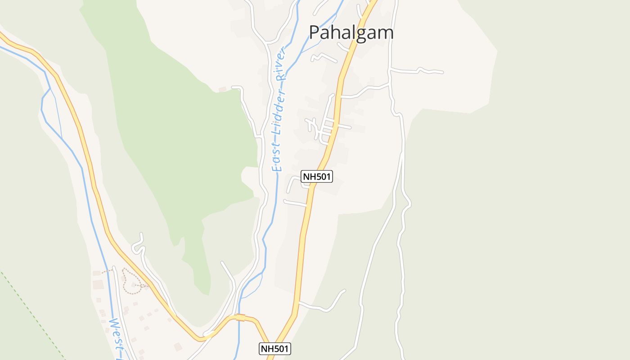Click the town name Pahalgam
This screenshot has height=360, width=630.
(x=351, y=33)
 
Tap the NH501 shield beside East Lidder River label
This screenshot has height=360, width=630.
(x=317, y=176)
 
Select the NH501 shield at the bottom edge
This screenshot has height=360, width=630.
(x=275, y=348)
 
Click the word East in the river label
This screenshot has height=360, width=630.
(x=277, y=157)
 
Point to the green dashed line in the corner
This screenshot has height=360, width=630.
(x=31, y=315)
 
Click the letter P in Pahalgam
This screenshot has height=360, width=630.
(x=315, y=33)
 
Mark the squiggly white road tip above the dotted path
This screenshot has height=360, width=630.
(x=141, y=235)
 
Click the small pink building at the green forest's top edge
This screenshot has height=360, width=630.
(x=222, y=90)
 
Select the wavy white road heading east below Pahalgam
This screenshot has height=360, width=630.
(x=418, y=71)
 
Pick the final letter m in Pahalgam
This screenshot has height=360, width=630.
(x=386, y=33)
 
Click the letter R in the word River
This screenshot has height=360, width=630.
(x=282, y=76)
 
